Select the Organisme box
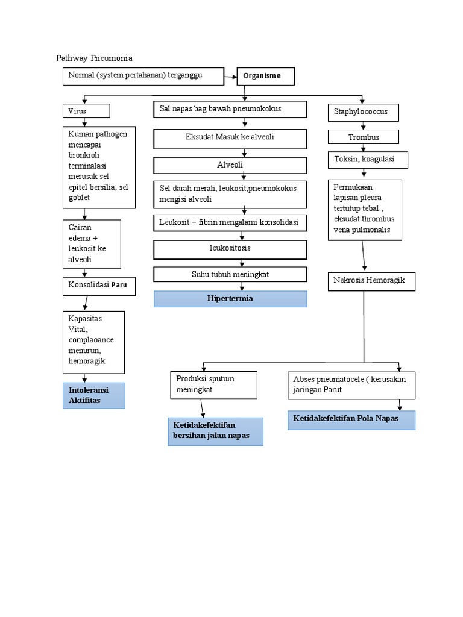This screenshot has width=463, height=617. pos(266,77)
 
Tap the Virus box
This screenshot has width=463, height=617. pos(86,111)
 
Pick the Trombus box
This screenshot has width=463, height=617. pos(364,137)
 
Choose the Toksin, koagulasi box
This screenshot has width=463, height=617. pos(368,160)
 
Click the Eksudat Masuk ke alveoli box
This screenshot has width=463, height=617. pos(230,138)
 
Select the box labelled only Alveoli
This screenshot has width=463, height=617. pos(230,164)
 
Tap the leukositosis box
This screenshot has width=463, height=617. pos(230,249)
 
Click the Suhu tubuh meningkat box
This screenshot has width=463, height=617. pos(230,274)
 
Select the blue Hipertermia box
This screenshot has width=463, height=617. pos(230,299)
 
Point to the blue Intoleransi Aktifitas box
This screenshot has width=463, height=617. pos(93,395)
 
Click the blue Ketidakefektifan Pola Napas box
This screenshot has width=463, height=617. pos(351,419)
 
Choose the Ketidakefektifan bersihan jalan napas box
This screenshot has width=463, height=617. pos(215,431)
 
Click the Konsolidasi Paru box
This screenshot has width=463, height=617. pos(99,286)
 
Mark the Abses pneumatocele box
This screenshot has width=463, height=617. pos(351,385)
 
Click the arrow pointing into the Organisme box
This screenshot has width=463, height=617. pos(230,77)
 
